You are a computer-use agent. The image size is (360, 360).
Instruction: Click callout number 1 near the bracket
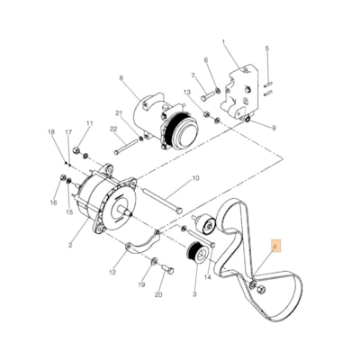tap(224, 42)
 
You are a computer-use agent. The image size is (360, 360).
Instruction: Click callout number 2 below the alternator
tap(70, 245)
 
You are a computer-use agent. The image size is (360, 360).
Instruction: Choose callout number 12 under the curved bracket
tap(112, 272)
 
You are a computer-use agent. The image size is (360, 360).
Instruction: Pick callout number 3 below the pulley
tap(193, 294)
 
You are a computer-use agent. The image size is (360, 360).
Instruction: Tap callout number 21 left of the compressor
tap(118, 112)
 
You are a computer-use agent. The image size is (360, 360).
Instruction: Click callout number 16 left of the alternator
tap(54, 204)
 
